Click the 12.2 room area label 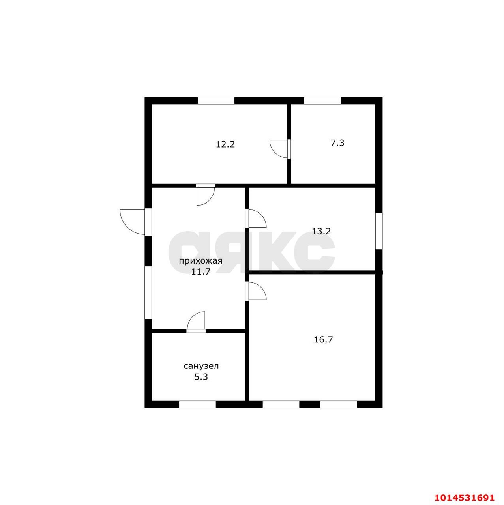coord(225,144)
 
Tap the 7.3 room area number coord(337,143)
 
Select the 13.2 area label coord(321,231)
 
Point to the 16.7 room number coord(323,340)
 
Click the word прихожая coord(200,261)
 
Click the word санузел coord(201,366)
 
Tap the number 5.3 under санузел coord(201,377)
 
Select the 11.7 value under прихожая coord(200,271)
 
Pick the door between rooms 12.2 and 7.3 coord(280,149)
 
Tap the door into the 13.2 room coord(256,218)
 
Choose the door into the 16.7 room coord(256,291)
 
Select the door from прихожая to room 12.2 coord(206,195)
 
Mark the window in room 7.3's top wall coord(322,100)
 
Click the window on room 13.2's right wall coord(378,231)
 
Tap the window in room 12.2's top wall coord(216,100)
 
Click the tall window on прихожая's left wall coord(148,293)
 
